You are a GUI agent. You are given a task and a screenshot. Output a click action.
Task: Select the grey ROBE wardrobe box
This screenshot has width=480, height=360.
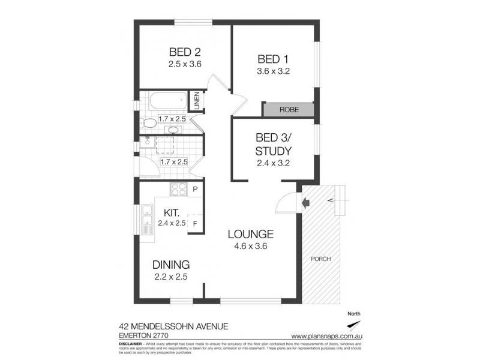coord(289,110)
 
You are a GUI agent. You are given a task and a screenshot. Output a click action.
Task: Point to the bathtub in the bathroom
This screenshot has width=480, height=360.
coord(165,101)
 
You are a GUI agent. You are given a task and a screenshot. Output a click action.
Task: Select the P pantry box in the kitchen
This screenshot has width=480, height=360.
coord(196,190)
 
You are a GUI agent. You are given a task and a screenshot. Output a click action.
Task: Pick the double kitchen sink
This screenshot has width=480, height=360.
coord(146,218)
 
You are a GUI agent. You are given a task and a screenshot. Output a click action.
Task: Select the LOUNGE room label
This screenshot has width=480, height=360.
coord(250,234)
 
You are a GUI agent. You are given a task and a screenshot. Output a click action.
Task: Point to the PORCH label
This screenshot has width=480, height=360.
coord(321,259)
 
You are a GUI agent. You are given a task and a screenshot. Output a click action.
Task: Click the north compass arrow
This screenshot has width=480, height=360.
coord(356,325)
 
